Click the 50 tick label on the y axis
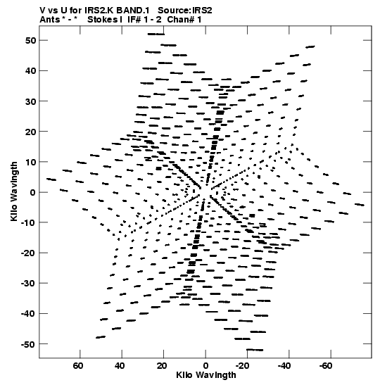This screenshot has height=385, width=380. (x=31, y=40)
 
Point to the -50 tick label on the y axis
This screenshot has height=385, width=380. (x=28, y=344)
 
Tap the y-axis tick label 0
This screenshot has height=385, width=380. (x=33, y=192)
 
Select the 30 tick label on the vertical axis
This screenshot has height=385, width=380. (x=31, y=101)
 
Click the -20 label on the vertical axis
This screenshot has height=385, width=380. (x=28, y=253)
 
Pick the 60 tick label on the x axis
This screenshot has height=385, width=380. (x=78, y=366)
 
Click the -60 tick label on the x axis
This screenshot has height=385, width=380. (x=326, y=366)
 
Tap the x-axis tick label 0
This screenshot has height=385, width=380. (x=205, y=366)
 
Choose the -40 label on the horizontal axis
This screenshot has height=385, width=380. (x=284, y=366)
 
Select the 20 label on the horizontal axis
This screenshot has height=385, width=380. (x=162, y=366)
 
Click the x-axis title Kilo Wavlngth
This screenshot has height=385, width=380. (x=206, y=375)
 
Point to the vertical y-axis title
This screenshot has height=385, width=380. (x=14, y=191)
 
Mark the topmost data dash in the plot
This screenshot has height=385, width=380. (x=156, y=34)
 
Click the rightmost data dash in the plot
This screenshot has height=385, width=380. (x=360, y=205)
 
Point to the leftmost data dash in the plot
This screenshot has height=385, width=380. (x=51, y=179)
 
